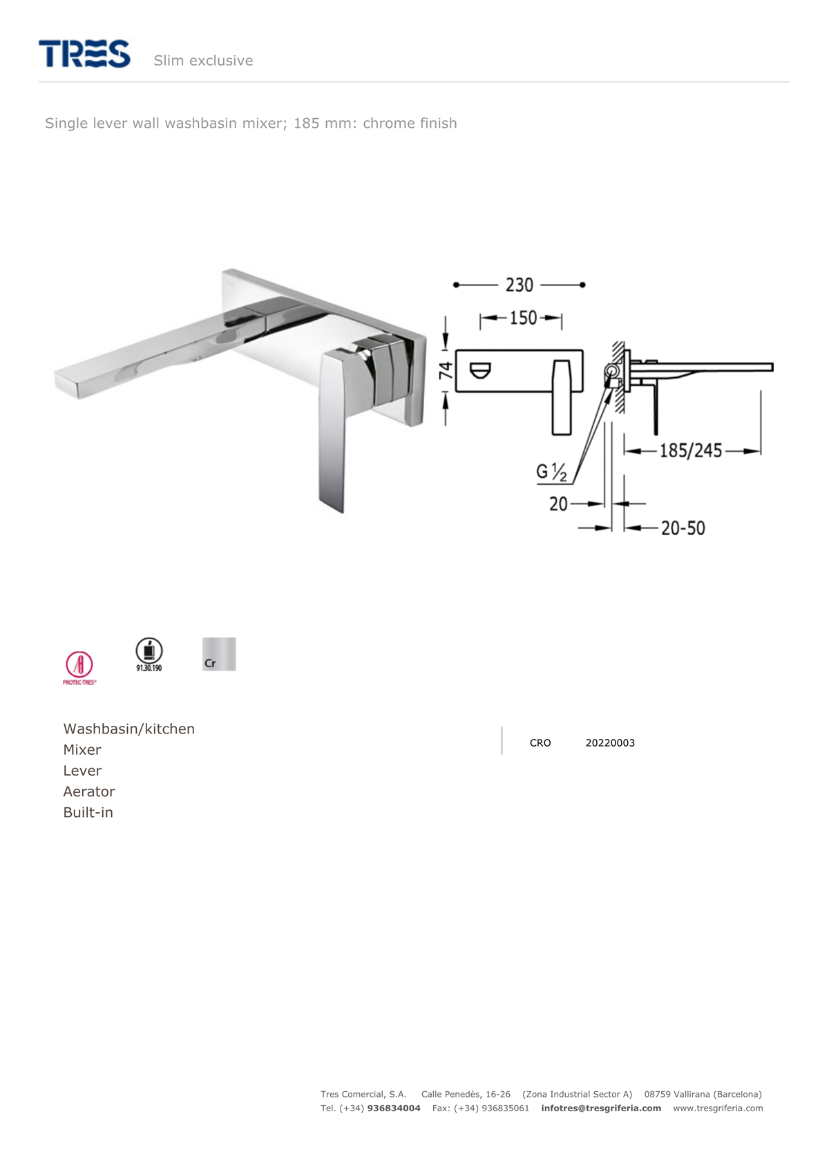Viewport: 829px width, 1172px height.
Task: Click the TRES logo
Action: [84, 54]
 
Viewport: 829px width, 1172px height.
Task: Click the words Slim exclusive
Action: [203, 61]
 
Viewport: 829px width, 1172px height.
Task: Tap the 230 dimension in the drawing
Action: [520, 285]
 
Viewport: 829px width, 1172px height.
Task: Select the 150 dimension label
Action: [524, 318]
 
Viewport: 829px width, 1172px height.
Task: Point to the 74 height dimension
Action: [446, 371]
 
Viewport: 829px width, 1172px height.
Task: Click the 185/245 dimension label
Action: [690, 450]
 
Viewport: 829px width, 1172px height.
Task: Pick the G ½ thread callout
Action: [551, 472]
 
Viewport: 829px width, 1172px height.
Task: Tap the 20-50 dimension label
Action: [683, 528]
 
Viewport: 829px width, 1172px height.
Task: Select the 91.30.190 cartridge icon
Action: [149, 655]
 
